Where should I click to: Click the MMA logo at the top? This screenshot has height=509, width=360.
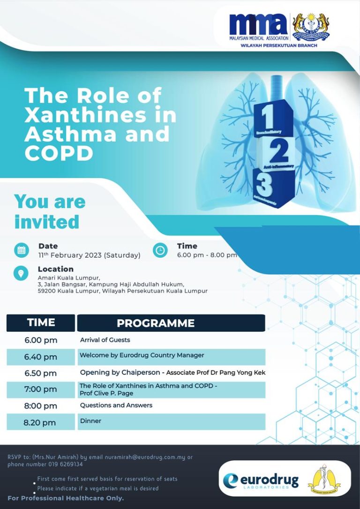[x=259, y=27]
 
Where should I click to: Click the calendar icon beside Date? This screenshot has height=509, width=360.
[x=21, y=250]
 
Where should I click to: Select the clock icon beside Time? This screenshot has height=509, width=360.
[x=160, y=250]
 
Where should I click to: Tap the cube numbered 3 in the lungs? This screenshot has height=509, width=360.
[x=265, y=186]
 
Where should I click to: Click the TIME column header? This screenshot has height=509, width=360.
[x=41, y=322]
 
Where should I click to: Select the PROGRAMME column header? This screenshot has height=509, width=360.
[x=155, y=323]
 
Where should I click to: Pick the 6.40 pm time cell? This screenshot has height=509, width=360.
[x=41, y=357]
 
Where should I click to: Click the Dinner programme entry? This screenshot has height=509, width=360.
[x=90, y=421]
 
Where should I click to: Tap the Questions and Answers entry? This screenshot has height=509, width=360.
[x=116, y=405]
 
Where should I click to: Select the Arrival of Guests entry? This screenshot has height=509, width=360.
[x=105, y=340]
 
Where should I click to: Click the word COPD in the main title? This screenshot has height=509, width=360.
[x=59, y=153]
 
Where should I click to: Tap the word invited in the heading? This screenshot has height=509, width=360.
[x=47, y=222]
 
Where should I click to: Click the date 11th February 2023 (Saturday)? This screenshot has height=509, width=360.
[x=89, y=255]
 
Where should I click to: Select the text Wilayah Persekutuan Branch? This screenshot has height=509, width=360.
[x=278, y=45]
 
